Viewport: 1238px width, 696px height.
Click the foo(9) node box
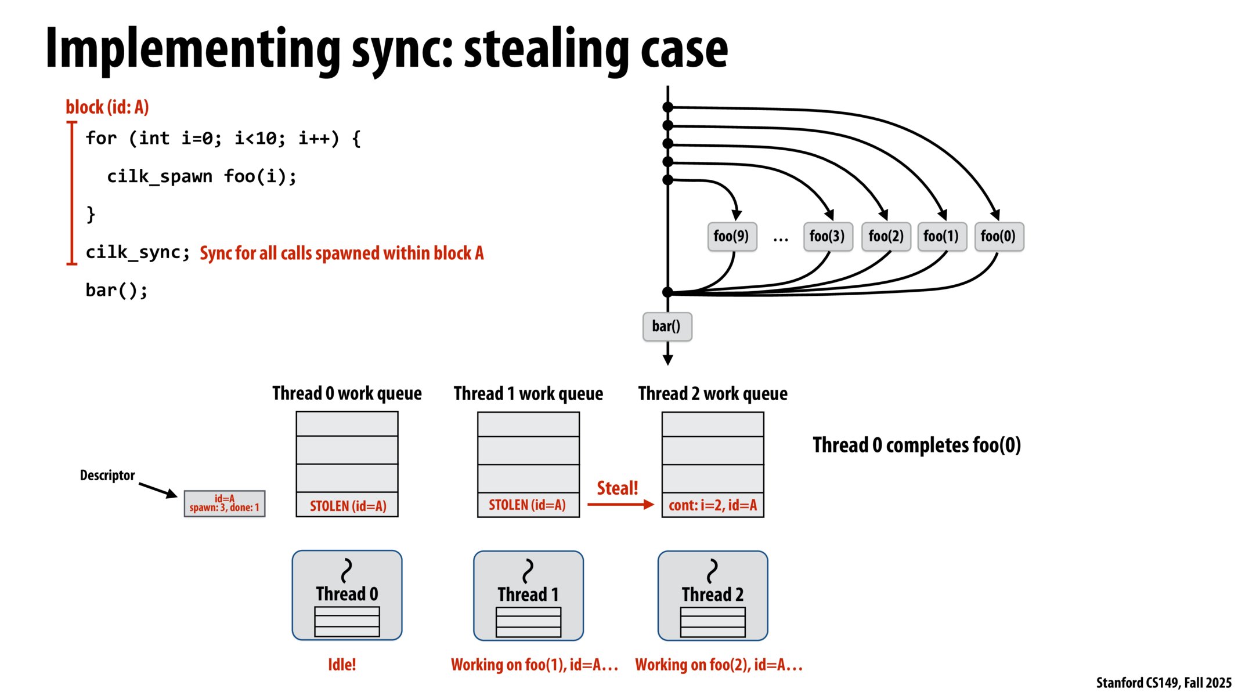[732, 237]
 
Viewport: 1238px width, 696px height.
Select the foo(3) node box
[828, 237]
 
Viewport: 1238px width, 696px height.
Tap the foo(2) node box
[886, 237]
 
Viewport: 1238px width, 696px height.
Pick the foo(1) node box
[941, 237]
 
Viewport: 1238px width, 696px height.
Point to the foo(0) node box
[999, 237]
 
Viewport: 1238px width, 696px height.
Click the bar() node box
[667, 327]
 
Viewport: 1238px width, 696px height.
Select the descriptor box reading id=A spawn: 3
[225, 503]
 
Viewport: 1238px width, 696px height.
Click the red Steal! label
[617, 488]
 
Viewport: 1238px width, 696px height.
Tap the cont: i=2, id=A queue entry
[713, 505]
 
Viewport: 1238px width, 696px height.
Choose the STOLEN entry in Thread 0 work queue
[347, 506]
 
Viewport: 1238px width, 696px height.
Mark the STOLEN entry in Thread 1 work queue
[528, 505]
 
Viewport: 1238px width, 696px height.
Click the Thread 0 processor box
[347, 595]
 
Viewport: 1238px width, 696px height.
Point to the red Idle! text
[342, 665]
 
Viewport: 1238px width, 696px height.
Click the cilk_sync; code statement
[138, 253]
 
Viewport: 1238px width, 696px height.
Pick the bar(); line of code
[117, 290]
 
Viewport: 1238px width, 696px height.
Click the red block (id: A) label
[107, 107]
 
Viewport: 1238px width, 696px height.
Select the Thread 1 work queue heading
[528, 394]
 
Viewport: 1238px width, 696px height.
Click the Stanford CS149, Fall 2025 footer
[1163, 683]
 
